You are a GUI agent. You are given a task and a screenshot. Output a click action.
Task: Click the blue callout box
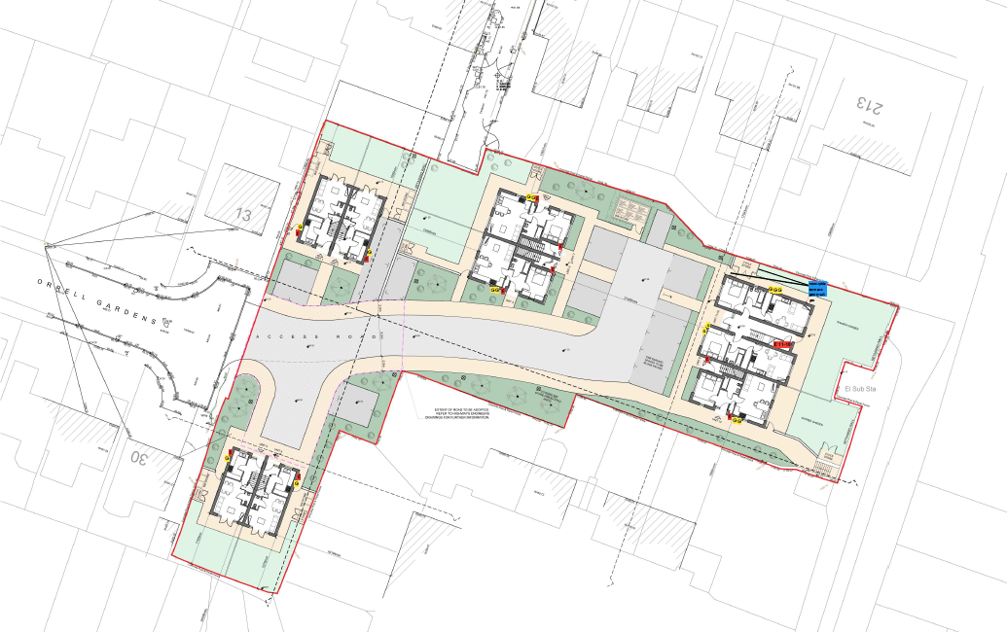pyautogui.click(x=817, y=287)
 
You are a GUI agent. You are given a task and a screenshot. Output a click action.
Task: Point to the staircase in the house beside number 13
pyautogui.click(x=331, y=229)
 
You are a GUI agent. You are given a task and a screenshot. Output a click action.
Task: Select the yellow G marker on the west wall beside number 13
pyautogui.click(x=300, y=229)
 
